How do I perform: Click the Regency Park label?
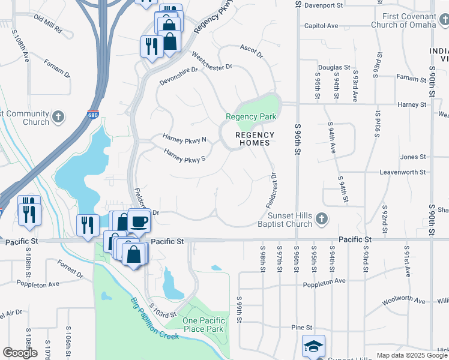[x=251, y=116]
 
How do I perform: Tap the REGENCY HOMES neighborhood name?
[x=255, y=139]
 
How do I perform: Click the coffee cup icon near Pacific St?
[x=139, y=221]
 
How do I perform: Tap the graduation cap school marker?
[x=313, y=346]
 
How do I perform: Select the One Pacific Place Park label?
[x=203, y=325]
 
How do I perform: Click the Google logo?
[x=20, y=353]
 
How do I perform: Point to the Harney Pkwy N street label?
[x=184, y=139]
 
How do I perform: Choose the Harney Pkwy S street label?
[x=185, y=157]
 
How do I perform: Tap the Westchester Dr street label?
[x=211, y=63]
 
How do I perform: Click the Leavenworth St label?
[x=403, y=172]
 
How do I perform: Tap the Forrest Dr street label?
[x=70, y=269]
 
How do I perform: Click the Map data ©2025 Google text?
[x=411, y=355]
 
